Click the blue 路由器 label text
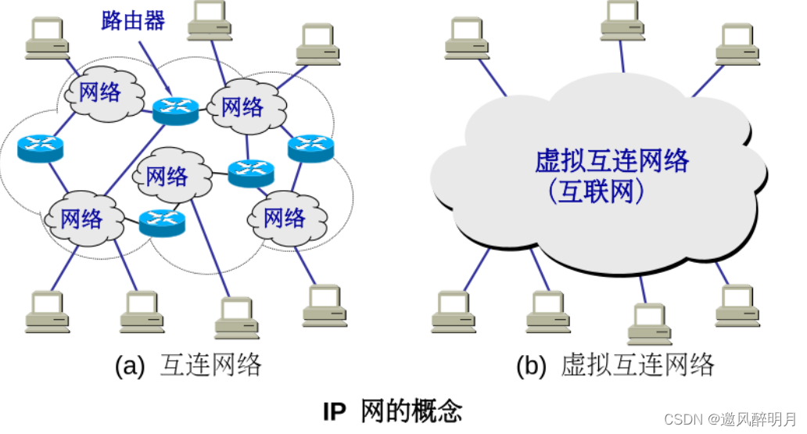[x=133, y=20]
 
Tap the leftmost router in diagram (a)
[x=40, y=147]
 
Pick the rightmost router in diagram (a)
[x=310, y=147]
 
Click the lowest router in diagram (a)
[x=163, y=223]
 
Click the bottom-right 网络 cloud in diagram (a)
[x=285, y=217]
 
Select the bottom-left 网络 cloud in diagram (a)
[x=82, y=218]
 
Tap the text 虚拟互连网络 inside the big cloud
[x=612, y=161]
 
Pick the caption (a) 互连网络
[x=188, y=365]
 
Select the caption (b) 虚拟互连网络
[x=615, y=365]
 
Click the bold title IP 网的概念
[x=393, y=411]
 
